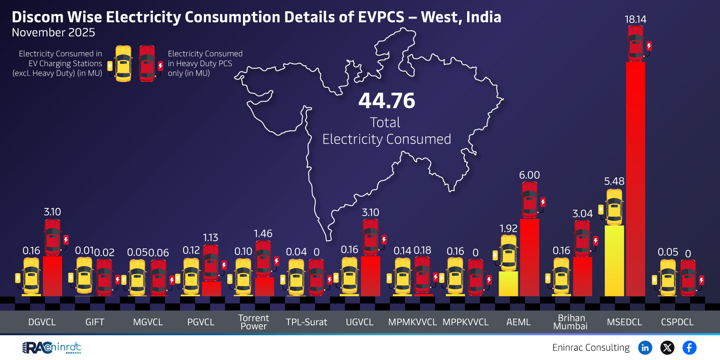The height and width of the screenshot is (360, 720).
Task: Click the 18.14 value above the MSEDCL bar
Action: tap(635, 19)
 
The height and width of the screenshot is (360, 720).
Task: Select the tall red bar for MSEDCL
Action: tap(635, 180)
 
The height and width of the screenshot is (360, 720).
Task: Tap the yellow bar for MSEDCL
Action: tap(614, 261)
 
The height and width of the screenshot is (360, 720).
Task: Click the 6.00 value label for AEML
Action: tap(529, 175)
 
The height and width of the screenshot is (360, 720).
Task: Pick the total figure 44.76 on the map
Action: tap(387, 101)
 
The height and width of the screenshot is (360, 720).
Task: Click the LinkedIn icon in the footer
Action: tap(645, 347)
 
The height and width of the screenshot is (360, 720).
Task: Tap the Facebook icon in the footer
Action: tap(689, 347)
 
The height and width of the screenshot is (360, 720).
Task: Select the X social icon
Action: tap(667, 347)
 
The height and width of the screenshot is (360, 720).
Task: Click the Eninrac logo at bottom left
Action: tap(52, 347)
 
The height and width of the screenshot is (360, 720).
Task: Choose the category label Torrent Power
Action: tap(253, 322)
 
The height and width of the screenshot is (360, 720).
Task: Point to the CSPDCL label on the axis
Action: tap(677, 322)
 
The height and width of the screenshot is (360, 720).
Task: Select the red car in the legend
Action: tap(147, 64)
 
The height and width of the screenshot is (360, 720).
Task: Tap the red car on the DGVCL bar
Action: tap(53, 237)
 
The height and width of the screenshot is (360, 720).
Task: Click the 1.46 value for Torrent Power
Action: tap(263, 234)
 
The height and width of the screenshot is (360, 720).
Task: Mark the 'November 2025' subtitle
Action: tap(53, 32)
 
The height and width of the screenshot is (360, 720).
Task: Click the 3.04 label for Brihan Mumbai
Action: tap(582, 214)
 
